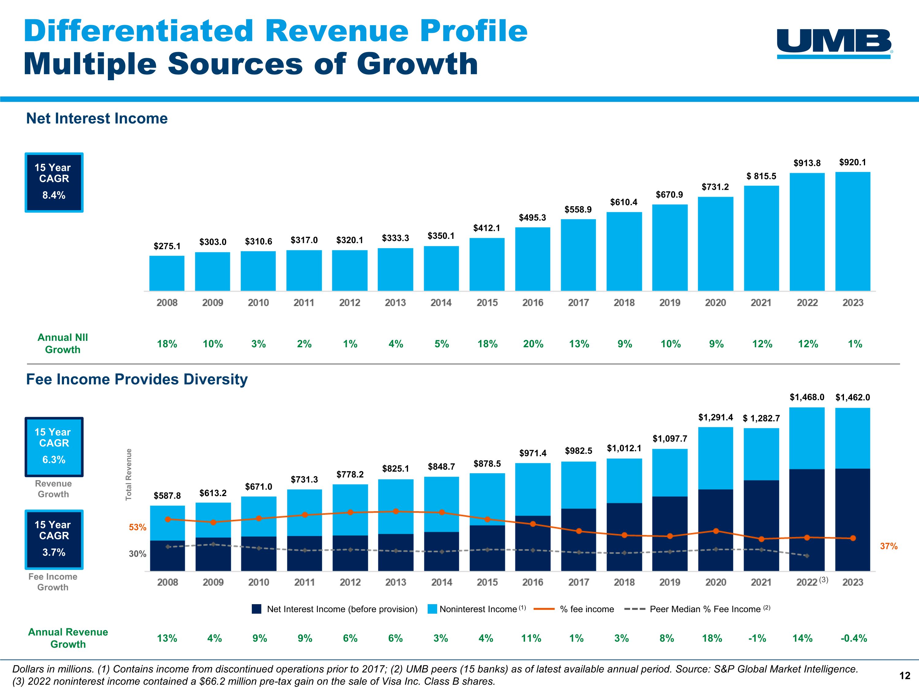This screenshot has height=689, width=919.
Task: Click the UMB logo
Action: (x=834, y=43)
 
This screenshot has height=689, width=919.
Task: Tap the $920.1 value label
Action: (x=853, y=162)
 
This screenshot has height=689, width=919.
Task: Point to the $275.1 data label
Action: (x=167, y=246)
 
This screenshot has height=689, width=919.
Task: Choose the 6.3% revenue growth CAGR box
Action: (x=54, y=447)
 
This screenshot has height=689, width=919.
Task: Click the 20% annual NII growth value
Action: (x=533, y=344)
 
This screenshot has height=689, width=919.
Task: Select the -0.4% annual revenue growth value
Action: (x=853, y=638)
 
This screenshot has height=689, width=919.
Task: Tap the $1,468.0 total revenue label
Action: (x=807, y=397)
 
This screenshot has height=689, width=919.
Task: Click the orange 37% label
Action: (x=889, y=546)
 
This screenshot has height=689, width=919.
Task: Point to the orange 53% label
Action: (x=138, y=527)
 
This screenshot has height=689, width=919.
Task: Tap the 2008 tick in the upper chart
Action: (x=167, y=303)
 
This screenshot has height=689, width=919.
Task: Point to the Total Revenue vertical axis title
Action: (x=129, y=474)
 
